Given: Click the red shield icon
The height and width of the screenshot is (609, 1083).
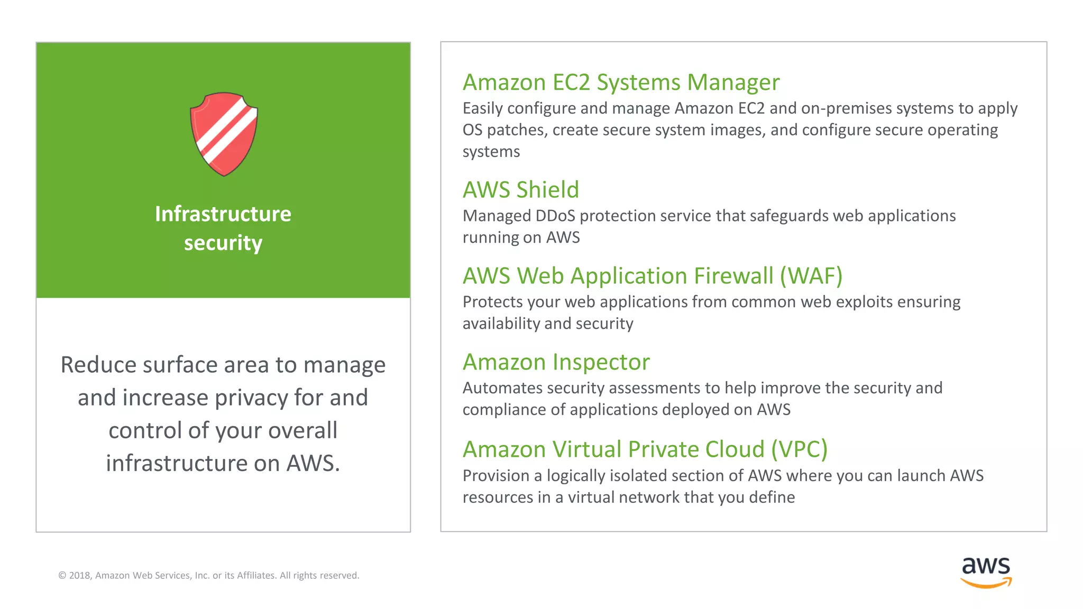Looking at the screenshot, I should pos(224,134).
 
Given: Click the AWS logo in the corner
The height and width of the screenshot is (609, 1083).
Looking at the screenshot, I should pos(986,572).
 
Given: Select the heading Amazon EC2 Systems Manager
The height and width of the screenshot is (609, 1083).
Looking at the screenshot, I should pos(621,82).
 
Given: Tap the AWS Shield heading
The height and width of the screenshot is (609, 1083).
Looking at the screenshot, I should pos(521,190).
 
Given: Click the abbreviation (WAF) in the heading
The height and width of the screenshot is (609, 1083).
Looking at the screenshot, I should pos(811,276).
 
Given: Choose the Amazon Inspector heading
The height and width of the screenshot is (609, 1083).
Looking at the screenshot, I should pos(556,362).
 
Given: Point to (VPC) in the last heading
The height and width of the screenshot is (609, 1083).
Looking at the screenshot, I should pos(799,449).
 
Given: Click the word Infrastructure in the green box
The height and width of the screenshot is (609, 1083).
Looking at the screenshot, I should pos(223,214).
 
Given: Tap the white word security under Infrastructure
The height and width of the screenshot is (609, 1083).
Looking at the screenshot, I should pos(223,243).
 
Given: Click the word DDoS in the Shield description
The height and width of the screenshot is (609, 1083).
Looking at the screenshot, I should pos(555,216).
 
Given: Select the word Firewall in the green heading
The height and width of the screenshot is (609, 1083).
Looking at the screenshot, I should pos(733,276).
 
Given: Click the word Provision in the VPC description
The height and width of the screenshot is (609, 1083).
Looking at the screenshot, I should pos(495,476).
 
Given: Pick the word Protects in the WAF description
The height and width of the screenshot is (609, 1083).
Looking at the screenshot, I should pos(493,302).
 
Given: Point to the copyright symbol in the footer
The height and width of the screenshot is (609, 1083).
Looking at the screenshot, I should pos(62,576).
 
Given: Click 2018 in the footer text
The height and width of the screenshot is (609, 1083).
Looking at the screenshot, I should pos(80,576).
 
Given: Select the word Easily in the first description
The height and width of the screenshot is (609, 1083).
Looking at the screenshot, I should pos(482,108).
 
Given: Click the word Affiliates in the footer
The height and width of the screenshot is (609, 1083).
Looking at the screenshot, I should pos(256,576).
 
